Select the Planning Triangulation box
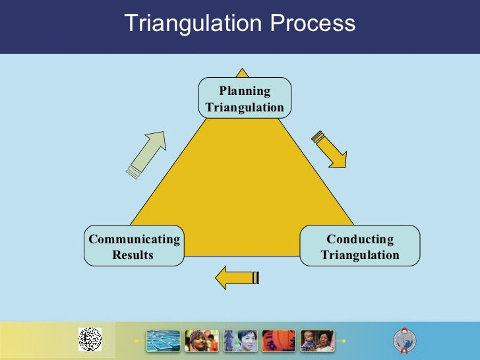(245, 99)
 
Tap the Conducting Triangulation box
(360, 246)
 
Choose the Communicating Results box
(134, 246)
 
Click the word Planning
(245, 91)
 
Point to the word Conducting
(360, 239)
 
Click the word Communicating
(134, 239)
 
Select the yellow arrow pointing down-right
(329, 150)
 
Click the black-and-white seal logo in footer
(90, 340)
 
